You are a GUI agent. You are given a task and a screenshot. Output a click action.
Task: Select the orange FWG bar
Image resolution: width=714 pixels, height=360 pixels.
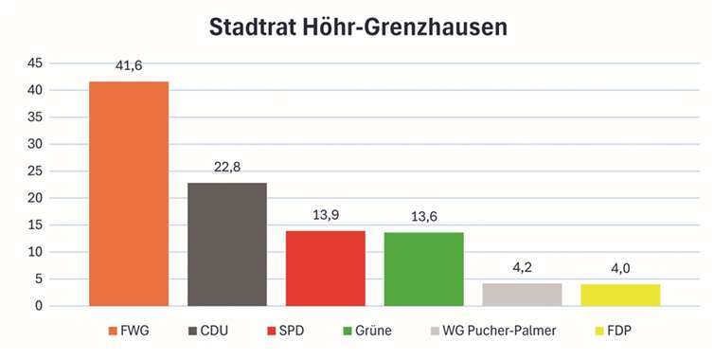(129, 193)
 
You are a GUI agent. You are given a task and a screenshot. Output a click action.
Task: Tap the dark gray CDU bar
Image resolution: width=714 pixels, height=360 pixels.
(227, 243)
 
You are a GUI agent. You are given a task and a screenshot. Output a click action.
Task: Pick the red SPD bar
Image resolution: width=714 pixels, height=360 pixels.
(325, 268)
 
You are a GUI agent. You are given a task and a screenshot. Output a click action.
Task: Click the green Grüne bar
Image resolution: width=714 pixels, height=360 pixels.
(423, 269)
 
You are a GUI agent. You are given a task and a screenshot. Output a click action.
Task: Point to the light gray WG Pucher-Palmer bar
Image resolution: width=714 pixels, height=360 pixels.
(522, 295)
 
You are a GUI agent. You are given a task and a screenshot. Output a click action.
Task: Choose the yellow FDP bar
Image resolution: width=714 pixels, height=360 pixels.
(620, 295)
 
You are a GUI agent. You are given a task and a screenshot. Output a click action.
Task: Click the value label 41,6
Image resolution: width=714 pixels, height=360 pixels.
(129, 66)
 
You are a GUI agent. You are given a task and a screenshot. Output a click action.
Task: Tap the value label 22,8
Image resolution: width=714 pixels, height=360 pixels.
(227, 167)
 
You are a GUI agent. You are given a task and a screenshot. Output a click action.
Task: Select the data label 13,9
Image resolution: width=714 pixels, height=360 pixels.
(325, 215)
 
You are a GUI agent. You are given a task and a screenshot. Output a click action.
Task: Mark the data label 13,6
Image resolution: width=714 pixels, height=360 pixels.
(423, 217)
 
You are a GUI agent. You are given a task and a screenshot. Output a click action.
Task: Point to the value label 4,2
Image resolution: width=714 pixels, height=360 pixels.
(522, 268)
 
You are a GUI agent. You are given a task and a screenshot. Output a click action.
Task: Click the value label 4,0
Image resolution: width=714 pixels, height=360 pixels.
(620, 269)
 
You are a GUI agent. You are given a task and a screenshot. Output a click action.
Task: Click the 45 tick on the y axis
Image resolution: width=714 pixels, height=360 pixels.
(34, 63)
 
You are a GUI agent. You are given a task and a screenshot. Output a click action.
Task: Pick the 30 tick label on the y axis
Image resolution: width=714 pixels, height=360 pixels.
(34, 144)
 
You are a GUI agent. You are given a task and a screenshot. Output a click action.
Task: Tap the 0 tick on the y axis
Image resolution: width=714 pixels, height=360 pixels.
(38, 306)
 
